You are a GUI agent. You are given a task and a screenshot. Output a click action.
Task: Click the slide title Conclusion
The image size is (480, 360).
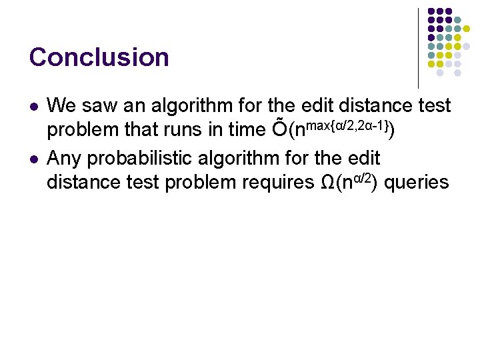click(x=99, y=57)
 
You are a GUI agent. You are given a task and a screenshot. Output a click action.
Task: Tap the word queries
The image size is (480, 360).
click(x=417, y=182)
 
